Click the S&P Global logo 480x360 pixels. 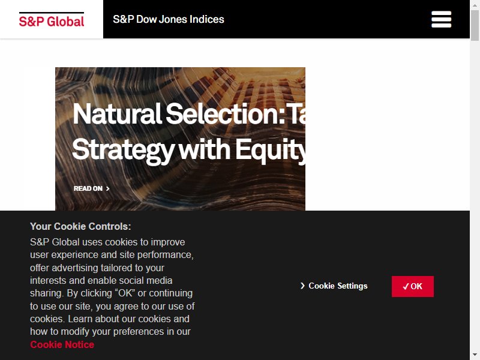(x=52, y=20)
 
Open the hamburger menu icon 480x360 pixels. (x=441, y=19)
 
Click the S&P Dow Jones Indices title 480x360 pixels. (x=169, y=19)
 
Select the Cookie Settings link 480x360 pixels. (x=334, y=286)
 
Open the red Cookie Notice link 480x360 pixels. (x=62, y=344)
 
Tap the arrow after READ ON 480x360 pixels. (x=108, y=188)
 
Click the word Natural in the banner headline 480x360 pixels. (x=117, y=114)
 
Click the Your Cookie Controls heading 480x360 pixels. (x=80, y=227)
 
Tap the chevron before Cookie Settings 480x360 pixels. (x=302, y=286)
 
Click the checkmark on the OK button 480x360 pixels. (x=406, y=287)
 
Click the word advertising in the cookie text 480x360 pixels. (x=75, y=268)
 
